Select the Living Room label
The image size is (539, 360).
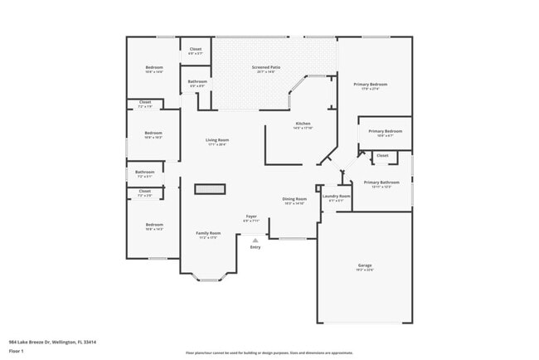tap(217, 141)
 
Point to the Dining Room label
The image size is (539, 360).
tap(294, 200)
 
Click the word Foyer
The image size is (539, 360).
tap(250, 217)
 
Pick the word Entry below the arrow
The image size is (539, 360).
tap(255, 247)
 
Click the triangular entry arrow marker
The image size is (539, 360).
tap(255, 240)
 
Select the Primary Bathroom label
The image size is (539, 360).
tap(381, 183)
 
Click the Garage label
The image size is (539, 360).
tap(365, 266)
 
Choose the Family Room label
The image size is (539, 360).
tap(207, 234)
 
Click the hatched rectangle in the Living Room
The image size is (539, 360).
tap(210, 189)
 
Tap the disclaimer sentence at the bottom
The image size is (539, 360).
tap(269, 353)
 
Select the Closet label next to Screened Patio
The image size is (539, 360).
tap(196, 50)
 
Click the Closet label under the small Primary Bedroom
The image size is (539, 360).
tap(382, 155)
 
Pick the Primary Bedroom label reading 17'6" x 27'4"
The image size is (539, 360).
tap(371, 85)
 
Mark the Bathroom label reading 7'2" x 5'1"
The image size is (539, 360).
tap(144, 173)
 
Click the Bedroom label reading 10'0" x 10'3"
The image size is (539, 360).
tap(153, 134)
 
